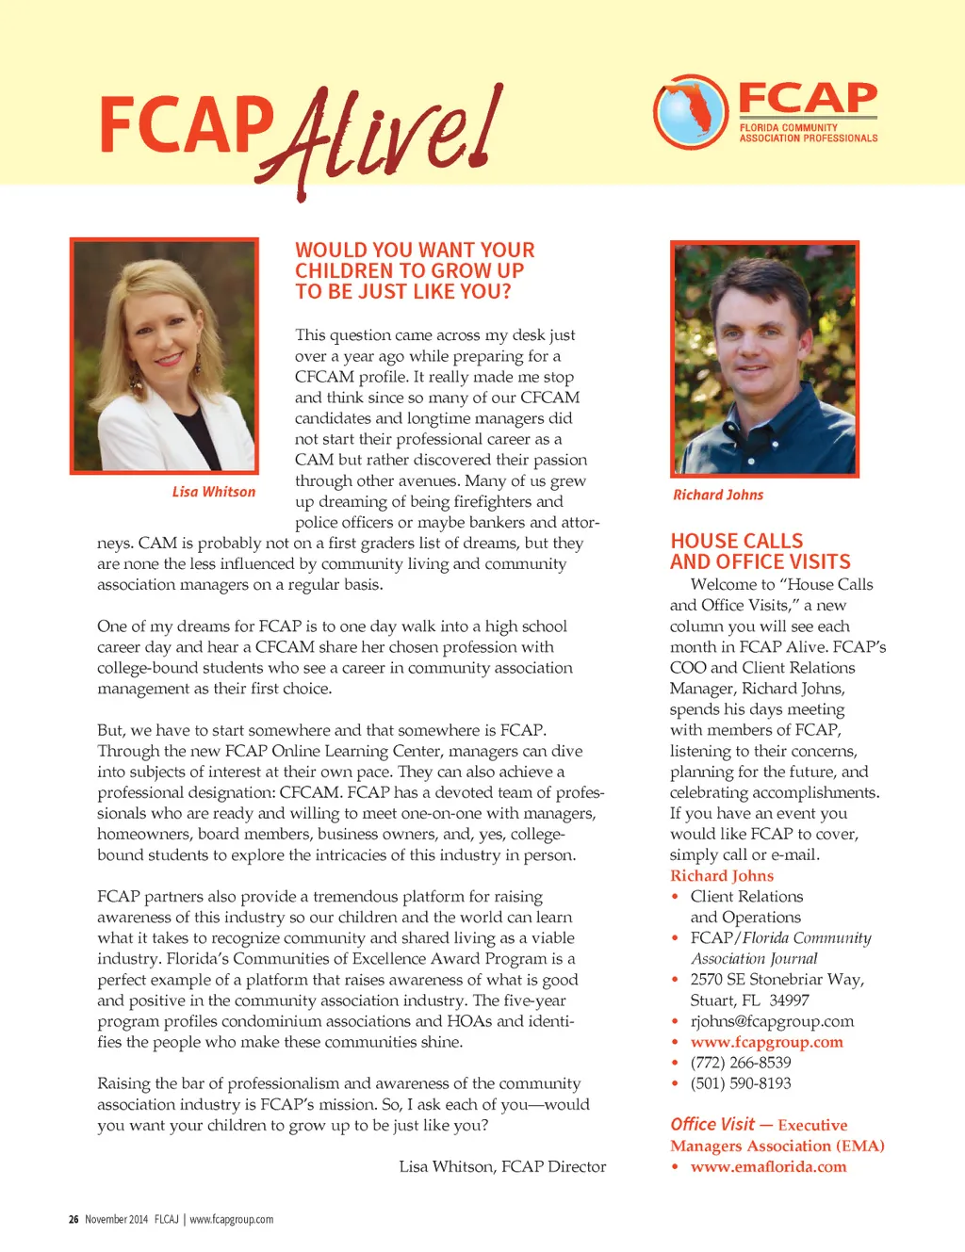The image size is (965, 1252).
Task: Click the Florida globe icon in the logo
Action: [691, 111]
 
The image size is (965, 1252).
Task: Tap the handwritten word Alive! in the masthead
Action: [386, 137]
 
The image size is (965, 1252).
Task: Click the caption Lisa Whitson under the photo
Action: [214, 492]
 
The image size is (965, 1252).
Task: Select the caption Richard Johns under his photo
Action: [718, 495]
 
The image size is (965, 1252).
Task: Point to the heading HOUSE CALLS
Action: [737, 541]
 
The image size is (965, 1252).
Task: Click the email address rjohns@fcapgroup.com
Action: [772, 1021]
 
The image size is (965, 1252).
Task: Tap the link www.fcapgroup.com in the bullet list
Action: [766, 1042]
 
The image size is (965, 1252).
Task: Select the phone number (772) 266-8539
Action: [741, 1063]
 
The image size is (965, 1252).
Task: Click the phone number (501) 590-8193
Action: [741, 1083]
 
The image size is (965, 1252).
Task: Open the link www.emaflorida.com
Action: [768, 1166]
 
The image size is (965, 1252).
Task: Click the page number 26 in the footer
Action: [74, 1219]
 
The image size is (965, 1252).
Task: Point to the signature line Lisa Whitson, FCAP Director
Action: [502, 1166]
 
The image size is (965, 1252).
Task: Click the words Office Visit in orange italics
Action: [712, 1124]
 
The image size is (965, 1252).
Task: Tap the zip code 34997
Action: [789, 1000]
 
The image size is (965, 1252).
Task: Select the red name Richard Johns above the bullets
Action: [722, 875]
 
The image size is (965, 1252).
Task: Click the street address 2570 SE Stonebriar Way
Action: [777, 980]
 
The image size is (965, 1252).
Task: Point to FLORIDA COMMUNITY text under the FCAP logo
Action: [788, 127]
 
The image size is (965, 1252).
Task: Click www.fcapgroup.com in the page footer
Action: [231, 1219]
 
